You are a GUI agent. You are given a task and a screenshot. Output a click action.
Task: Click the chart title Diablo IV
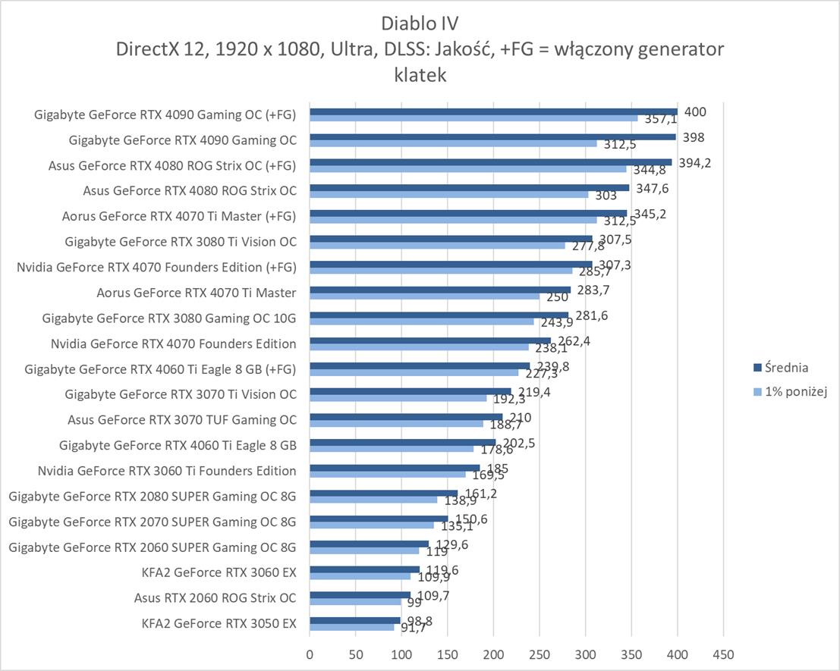pyautogui.click(x=420, y=21)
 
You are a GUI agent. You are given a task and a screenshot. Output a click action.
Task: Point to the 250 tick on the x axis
pyautogui.click(x=540, y=653)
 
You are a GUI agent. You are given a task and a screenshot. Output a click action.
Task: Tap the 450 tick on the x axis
pyautogui.click(x=723, y=653)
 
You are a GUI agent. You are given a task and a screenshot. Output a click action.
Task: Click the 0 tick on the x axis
pyautogui.click(x=310, y=653)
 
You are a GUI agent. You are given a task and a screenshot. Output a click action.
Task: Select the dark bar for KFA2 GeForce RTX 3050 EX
pyautogui.click(x=354, y=620)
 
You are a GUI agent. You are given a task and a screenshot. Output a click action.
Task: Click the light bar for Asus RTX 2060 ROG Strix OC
pyautogui.click(x=355, y=602)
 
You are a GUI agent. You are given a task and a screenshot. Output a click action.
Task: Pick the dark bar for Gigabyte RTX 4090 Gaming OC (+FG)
pyautogui.click(x=493, y=111)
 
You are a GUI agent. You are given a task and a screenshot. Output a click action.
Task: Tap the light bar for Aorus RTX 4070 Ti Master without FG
pyautogui.click(x=424, y=296)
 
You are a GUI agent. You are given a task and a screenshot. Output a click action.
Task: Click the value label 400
pyautogui.click(x=695, y=112)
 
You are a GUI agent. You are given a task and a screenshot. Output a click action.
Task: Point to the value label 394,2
pyautogui.click(x=694, y=163)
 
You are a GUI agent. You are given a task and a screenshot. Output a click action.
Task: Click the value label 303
pyautogui.click(x=606, y=196)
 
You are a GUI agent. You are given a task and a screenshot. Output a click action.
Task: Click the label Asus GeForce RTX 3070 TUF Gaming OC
pyautogui.click(x=181, y=420)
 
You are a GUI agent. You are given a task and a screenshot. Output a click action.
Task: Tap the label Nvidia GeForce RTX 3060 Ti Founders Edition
pyautogui.click(x=167, y=471)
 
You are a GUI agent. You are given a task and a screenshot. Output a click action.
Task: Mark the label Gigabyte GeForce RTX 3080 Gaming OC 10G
pyautogui.click(x=169, y=318)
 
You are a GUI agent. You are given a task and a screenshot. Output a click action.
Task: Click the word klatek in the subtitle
pyautogui.click(x=420, y=75)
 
